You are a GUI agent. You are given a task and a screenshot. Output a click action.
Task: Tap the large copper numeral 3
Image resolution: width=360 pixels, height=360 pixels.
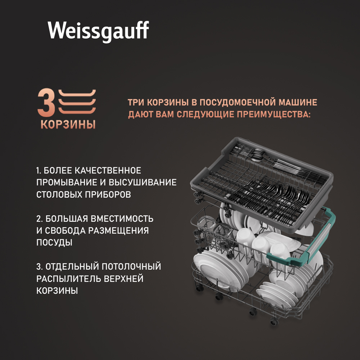pos(46,103)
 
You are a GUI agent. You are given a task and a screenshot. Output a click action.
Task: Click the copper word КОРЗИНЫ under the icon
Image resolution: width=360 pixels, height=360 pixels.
pos(68,124)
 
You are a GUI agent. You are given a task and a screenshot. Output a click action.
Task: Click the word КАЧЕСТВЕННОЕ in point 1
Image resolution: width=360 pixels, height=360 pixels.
pos(108,171)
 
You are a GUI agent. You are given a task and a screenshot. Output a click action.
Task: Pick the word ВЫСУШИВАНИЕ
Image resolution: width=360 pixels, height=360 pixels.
pos(143,183)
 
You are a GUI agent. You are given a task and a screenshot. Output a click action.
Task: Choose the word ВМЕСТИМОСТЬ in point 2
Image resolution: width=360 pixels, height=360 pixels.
pos(122,219)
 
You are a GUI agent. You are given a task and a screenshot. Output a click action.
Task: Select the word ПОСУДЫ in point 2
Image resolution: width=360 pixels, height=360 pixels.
pos(54,242)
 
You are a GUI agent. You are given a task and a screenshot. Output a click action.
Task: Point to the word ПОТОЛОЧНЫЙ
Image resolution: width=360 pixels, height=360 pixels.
pos(131,266)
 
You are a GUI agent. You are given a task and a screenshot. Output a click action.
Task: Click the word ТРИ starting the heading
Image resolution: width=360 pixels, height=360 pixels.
pos(136,102)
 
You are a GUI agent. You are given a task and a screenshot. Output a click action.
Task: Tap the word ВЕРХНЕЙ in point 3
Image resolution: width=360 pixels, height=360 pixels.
pos(123,279)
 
